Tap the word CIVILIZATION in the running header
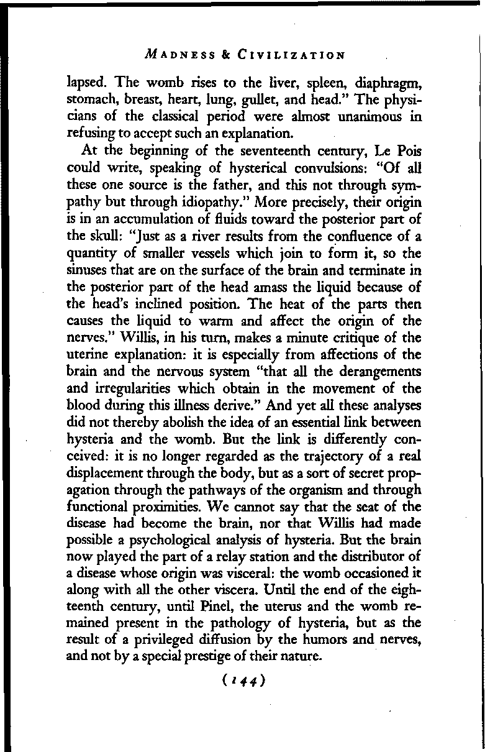click(291, 55)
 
